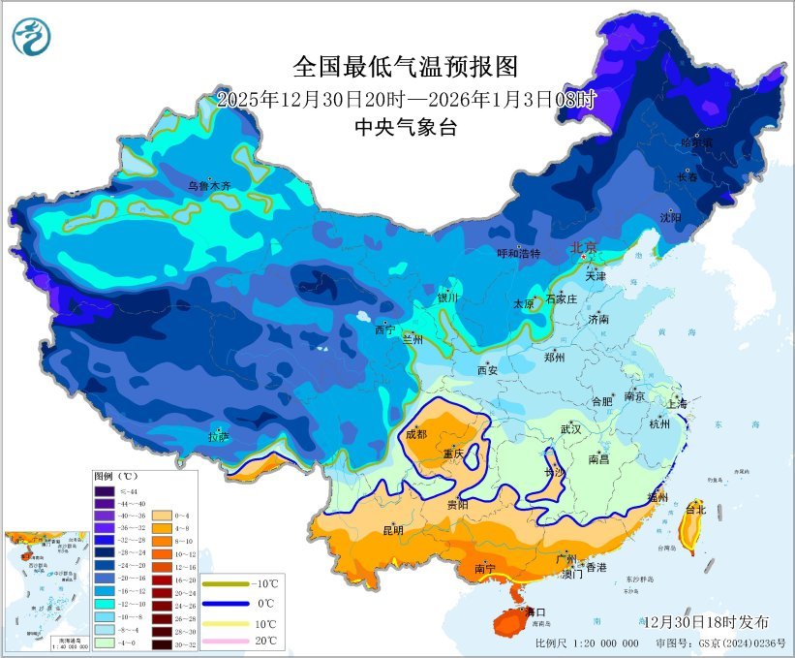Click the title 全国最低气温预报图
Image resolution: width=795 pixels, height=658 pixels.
point(406,67)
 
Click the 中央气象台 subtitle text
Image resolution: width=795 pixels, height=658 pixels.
point(406,127)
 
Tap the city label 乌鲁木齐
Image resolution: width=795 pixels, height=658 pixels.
point(210,185)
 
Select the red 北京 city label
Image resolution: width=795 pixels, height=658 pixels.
point(585,248)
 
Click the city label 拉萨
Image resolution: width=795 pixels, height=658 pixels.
point(219,437)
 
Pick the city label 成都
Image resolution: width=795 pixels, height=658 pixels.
point(416,434)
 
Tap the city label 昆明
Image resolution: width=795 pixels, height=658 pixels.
point(393,530)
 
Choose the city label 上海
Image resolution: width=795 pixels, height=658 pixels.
point(678,403)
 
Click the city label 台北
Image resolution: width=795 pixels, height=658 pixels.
point(695,509)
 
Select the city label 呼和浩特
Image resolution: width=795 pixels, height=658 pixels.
point(518,254)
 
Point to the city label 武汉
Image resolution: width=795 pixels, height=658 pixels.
point(570,428)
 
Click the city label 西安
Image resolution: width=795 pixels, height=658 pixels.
point(486,369)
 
